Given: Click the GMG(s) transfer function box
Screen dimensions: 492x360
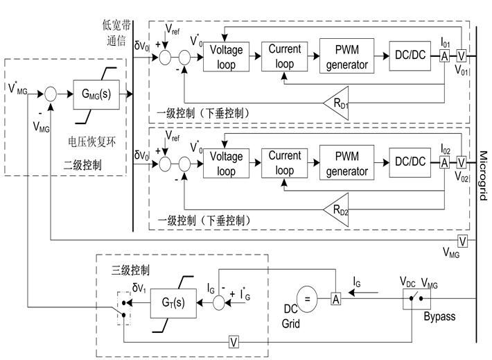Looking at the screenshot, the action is pos(96,94).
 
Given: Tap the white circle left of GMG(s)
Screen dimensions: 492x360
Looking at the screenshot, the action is pos(51,94).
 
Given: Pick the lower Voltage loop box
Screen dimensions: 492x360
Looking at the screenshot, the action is pos(227,164).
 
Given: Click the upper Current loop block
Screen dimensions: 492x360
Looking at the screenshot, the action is pos(285,57).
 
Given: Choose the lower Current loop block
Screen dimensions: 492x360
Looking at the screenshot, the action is pos(285,163).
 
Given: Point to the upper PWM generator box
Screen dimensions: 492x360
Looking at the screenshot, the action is pos(346,56).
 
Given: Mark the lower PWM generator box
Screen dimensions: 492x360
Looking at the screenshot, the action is pos(346,163).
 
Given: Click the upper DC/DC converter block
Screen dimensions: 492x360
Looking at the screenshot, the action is pos(410,55).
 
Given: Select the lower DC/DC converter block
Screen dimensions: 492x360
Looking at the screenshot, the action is pos(410,162).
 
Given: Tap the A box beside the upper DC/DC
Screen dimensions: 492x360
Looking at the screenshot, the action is pos(445,56).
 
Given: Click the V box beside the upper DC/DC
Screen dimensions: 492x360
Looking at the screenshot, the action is pos(462,56).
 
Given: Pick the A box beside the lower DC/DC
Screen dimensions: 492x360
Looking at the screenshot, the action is pos(445,162).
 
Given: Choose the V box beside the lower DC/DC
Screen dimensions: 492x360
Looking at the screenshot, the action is pos(462,162).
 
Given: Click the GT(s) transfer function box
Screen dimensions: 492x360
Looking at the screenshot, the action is pos(173,303).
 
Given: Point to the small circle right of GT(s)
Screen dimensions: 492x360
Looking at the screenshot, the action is pos(219,303).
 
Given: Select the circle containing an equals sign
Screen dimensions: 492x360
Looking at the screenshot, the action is pos(307,300).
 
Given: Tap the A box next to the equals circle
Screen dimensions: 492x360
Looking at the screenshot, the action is pos(335,299).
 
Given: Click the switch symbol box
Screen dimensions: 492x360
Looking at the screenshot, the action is pos(416,299).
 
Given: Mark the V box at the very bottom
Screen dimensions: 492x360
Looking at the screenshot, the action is pos(234,341).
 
